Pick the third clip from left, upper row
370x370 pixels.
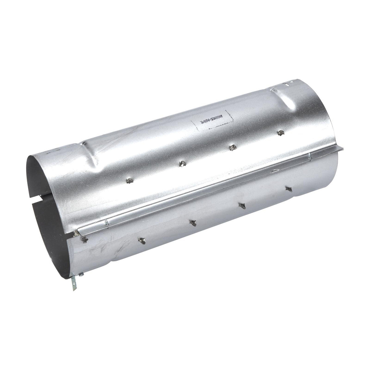[231, 148]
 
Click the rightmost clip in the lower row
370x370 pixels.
[288, 189]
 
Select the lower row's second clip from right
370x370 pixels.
[242, 205]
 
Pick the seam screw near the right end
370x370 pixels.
[310, 156]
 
